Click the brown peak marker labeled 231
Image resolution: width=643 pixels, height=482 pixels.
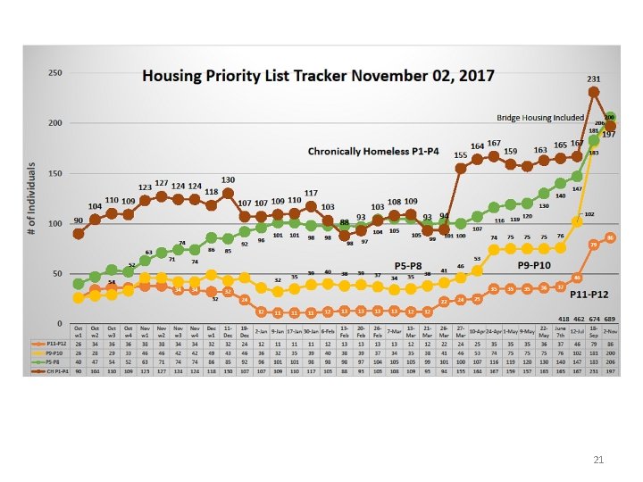pos(593,92)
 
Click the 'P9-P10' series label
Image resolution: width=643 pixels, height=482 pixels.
pos(539,265)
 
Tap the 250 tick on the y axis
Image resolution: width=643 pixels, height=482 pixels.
pos(55,72)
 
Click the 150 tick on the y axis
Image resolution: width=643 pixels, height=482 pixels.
pos(55,173)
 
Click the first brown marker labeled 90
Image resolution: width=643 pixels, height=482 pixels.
pos(79,233)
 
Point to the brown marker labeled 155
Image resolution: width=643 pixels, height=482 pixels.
pos(461,168)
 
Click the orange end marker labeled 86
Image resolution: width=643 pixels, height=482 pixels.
pos(610,237)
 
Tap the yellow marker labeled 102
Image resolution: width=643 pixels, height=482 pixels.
pos(577,221)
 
